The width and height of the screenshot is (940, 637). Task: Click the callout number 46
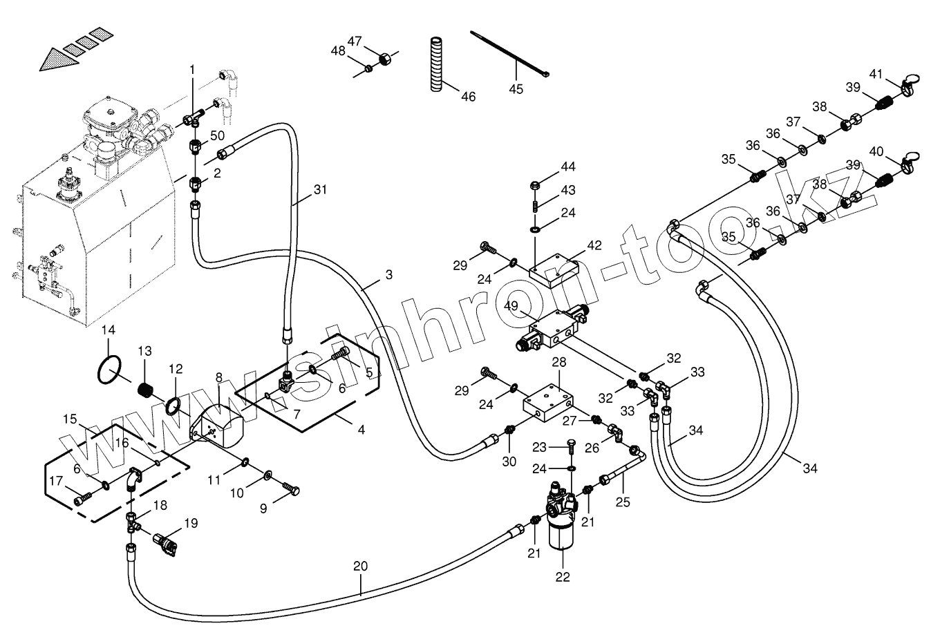click(x=468, y=97)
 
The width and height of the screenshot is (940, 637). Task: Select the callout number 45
click(x=516, y=88)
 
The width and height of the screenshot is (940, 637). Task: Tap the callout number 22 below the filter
click(x=563, y=576)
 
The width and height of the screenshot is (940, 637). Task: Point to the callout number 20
click(x=359, y=566)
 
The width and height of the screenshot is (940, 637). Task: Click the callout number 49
click(x=511, y=306)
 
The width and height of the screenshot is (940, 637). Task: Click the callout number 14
click(x=109, y=330)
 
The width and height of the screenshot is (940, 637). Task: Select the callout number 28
click(x=558, y=363)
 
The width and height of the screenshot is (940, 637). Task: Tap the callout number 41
click(x=876, y=74)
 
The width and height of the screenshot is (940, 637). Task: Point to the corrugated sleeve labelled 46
click(x=435, y=64)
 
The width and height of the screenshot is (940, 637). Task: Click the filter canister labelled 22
click(x=561, y=535)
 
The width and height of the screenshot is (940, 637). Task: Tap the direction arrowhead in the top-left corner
click(x=52, y=61)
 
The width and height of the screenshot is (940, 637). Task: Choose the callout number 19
click(x=191, y=523)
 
